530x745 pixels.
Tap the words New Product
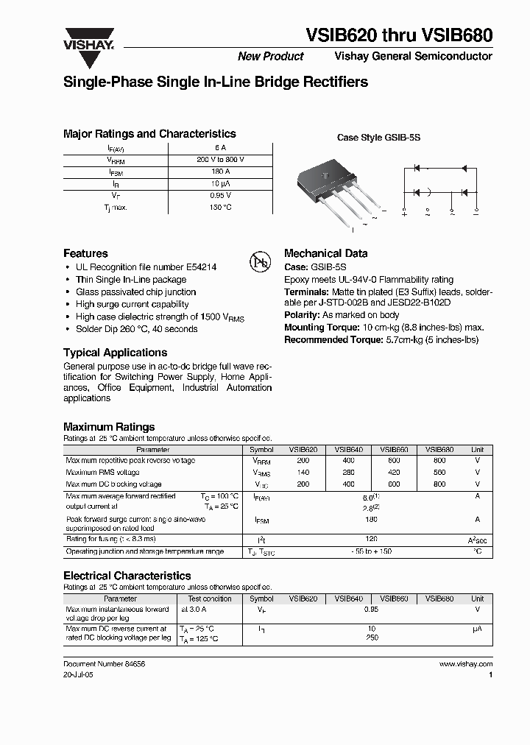270,57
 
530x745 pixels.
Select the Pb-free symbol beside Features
261,262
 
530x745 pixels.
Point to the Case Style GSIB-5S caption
378,138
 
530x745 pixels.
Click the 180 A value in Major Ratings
221,172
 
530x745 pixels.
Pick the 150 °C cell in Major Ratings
221,208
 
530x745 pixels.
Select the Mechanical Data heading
325,253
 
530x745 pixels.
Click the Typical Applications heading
115,353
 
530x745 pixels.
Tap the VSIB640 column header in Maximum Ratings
348,449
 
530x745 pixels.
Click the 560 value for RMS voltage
439,473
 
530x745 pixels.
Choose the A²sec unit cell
477,540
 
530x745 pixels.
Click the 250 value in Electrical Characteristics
372,638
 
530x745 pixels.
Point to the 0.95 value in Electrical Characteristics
372,610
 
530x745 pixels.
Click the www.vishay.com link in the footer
465,664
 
